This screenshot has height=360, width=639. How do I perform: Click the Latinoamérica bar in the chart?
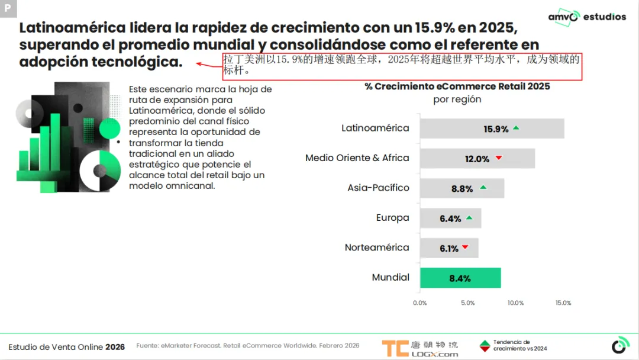(492, 128)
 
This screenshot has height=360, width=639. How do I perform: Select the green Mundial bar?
(460, 278)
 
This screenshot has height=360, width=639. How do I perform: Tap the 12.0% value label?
(477, 159)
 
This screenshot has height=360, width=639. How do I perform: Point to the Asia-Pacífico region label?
(378, 188)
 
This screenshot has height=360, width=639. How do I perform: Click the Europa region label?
(392, 218)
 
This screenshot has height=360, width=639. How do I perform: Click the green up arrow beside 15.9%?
(516, 128)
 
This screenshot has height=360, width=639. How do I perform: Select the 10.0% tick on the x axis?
(515, 303)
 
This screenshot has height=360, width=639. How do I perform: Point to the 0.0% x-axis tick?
(419, 303)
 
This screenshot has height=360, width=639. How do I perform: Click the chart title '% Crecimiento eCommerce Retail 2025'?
(457, 86)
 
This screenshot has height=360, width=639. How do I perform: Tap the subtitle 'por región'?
(457, 99)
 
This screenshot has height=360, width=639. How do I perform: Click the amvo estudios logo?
(586, 17)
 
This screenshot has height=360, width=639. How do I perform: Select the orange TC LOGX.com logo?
(419, 348)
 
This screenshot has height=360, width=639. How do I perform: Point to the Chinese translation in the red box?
(402, 66)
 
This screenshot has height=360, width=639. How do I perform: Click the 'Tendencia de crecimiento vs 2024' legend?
(514, 346)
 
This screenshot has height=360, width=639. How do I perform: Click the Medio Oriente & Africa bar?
(477, 159)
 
